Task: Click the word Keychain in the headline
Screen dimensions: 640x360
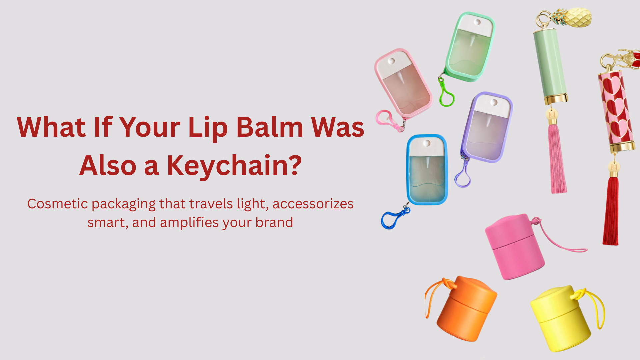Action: point(234,166)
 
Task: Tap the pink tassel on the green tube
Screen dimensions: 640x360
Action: point(557,158)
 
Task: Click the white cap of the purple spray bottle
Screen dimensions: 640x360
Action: point(492,106)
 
